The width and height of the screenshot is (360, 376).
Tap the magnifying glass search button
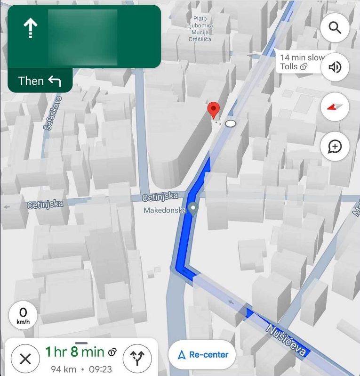(335, 28)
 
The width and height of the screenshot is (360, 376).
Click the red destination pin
(214, 110)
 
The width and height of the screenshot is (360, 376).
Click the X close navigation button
(25, 359)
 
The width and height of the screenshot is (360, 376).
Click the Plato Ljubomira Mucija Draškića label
(200, 29)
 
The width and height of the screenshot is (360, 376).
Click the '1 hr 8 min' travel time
(75, 351)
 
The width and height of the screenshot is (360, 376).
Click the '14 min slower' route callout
(301, 62)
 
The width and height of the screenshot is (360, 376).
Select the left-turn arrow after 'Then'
(55, 81)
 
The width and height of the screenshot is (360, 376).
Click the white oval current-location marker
(231, 123)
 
